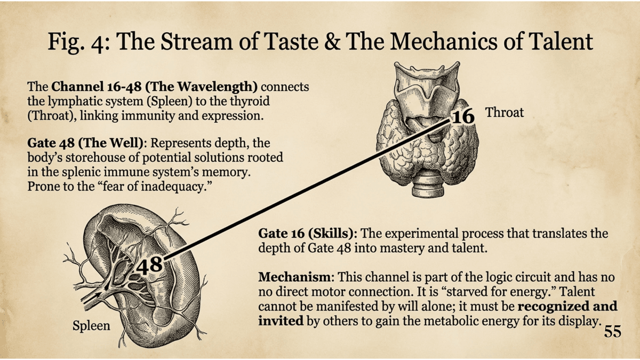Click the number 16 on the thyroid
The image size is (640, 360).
[x=463, y=116]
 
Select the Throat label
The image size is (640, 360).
[x=504, y=112]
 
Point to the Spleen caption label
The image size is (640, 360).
[x=91, y=325]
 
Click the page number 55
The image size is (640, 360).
[x=613, y=332]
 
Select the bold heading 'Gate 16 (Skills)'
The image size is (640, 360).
[x=307, y=234]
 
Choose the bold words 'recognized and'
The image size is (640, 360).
[x=567, y=307]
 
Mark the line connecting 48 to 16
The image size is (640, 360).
[x=304, y=190]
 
